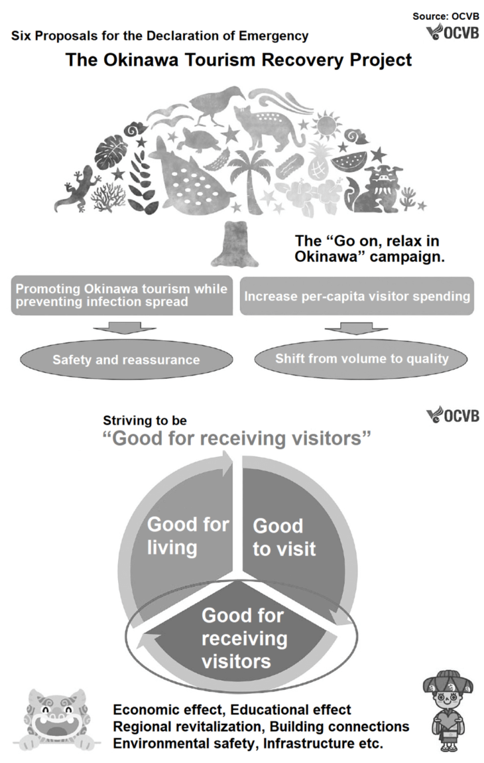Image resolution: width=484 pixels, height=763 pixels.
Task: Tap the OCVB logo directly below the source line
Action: pyautogui.click(x=453, y=33)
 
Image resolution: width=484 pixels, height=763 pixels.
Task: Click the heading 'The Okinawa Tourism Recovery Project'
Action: pyautogui.click(x=239, y=60)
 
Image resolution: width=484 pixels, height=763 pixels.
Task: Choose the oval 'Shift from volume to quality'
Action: pyautogui.click(x=362, y=359)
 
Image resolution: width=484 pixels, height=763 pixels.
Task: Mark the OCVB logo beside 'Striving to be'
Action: pyautogui.click(x=454, y=416)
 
